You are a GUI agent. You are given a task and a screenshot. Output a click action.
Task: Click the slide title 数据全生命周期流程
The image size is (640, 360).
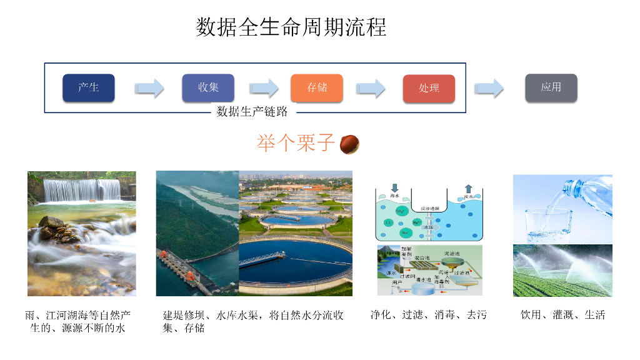tap(291, 27)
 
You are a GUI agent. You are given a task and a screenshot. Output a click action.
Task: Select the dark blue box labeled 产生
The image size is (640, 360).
tap(89, 87)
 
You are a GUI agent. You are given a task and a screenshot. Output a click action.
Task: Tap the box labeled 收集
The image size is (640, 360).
tap(208, 87)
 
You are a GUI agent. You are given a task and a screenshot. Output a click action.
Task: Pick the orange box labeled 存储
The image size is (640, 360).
tap(317, 87)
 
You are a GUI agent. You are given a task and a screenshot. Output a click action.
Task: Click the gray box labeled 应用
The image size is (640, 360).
tap(551, 87)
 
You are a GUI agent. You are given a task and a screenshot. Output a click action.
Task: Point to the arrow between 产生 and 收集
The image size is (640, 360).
tap(149, 88)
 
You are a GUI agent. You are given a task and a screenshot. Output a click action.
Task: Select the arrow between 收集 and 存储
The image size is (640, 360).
tap(263, 88)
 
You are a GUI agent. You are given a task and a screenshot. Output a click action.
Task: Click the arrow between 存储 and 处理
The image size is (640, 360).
tap(371, 88)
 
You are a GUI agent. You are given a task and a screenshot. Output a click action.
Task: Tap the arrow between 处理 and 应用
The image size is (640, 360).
tap(489, 88)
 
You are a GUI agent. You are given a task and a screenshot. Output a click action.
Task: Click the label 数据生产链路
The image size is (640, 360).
tap(252, 112)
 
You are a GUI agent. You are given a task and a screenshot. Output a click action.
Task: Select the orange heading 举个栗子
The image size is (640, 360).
tap(296, 142)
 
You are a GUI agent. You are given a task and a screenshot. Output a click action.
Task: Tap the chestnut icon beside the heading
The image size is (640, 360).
tap(349, 144)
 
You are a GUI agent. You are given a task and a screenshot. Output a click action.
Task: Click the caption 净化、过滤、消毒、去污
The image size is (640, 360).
tap(428, 314)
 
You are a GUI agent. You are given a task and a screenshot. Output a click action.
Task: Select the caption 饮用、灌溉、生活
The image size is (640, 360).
tap(562, 314)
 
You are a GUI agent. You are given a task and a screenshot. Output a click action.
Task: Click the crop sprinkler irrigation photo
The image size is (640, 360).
tap(562, 270)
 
